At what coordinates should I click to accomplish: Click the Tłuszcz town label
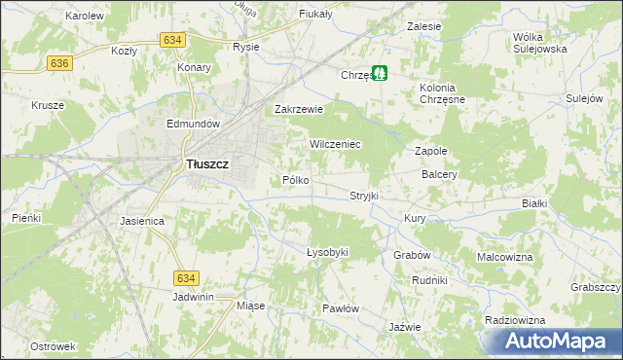[x=206, y=165]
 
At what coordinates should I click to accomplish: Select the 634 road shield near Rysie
[x=172, y=39]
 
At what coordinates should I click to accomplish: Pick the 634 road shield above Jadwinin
[x=188, y=278]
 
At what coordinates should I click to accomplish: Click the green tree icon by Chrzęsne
[x=384, y=72]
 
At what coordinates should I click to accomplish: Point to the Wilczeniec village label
[x=335, y=144]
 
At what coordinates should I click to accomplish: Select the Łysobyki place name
[x=327, y=252]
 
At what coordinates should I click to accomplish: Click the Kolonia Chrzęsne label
[x=443, y=94]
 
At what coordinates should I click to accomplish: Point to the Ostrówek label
[x=53, y=346]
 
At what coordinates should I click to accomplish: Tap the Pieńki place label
[x=26, y=218]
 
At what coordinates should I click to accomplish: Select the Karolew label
[x=84, y=17]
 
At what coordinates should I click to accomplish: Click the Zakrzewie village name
[x=298, y=110]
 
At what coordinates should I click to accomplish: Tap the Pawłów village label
[x=341, y=308]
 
